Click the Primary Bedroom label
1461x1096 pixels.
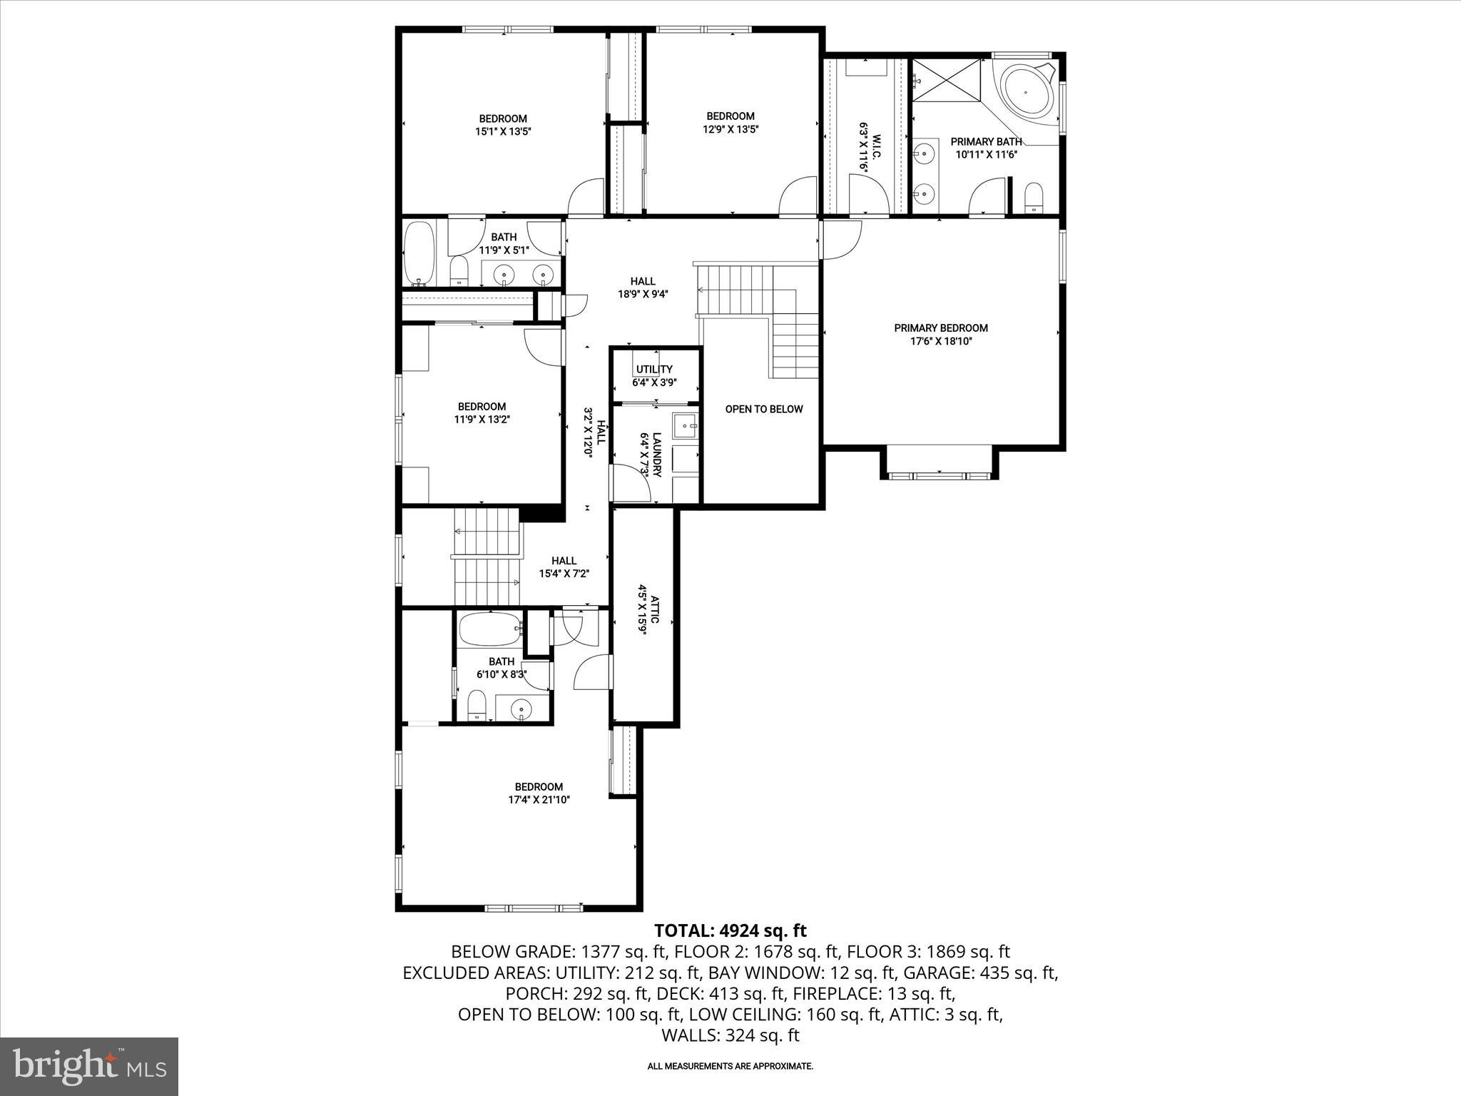[940, 328]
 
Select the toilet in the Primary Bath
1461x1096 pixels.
[1033, 197]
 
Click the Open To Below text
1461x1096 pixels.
[763, 410]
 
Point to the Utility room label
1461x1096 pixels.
[653, 369]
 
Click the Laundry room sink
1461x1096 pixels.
[687, 427]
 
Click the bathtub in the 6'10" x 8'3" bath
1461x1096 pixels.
[489, 629]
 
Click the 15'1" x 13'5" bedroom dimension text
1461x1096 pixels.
[503, 131]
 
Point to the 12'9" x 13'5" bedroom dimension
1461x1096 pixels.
[730, 129]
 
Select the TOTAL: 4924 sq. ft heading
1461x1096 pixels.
[730, 930]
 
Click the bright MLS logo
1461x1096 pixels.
[89, 1066]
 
